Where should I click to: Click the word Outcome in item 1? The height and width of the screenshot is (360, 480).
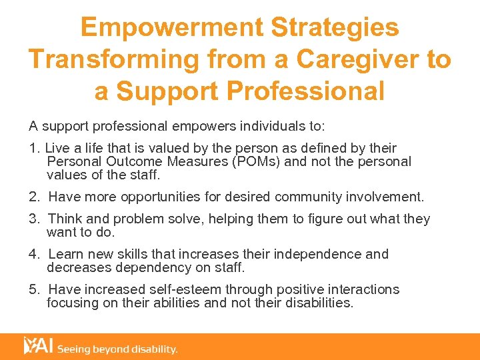tap(131, 161)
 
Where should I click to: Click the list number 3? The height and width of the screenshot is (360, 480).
tap(33, 219)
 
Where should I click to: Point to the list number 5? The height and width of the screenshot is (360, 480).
tap(33, 289)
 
